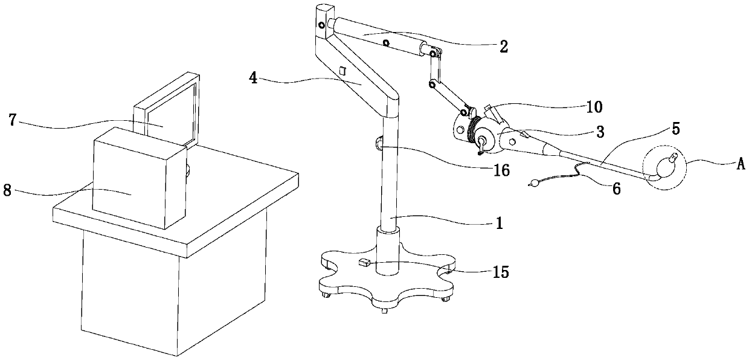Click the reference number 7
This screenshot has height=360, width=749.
[13, 119]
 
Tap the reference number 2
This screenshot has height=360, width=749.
[504, 45]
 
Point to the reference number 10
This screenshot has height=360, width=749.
[594, 108]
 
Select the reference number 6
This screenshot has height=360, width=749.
[616, 188]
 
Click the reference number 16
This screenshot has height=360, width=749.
[501, 171]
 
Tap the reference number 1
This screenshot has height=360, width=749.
[499, 223]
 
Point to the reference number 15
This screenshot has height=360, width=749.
[501, 272]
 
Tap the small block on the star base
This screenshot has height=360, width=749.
[364, 262]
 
